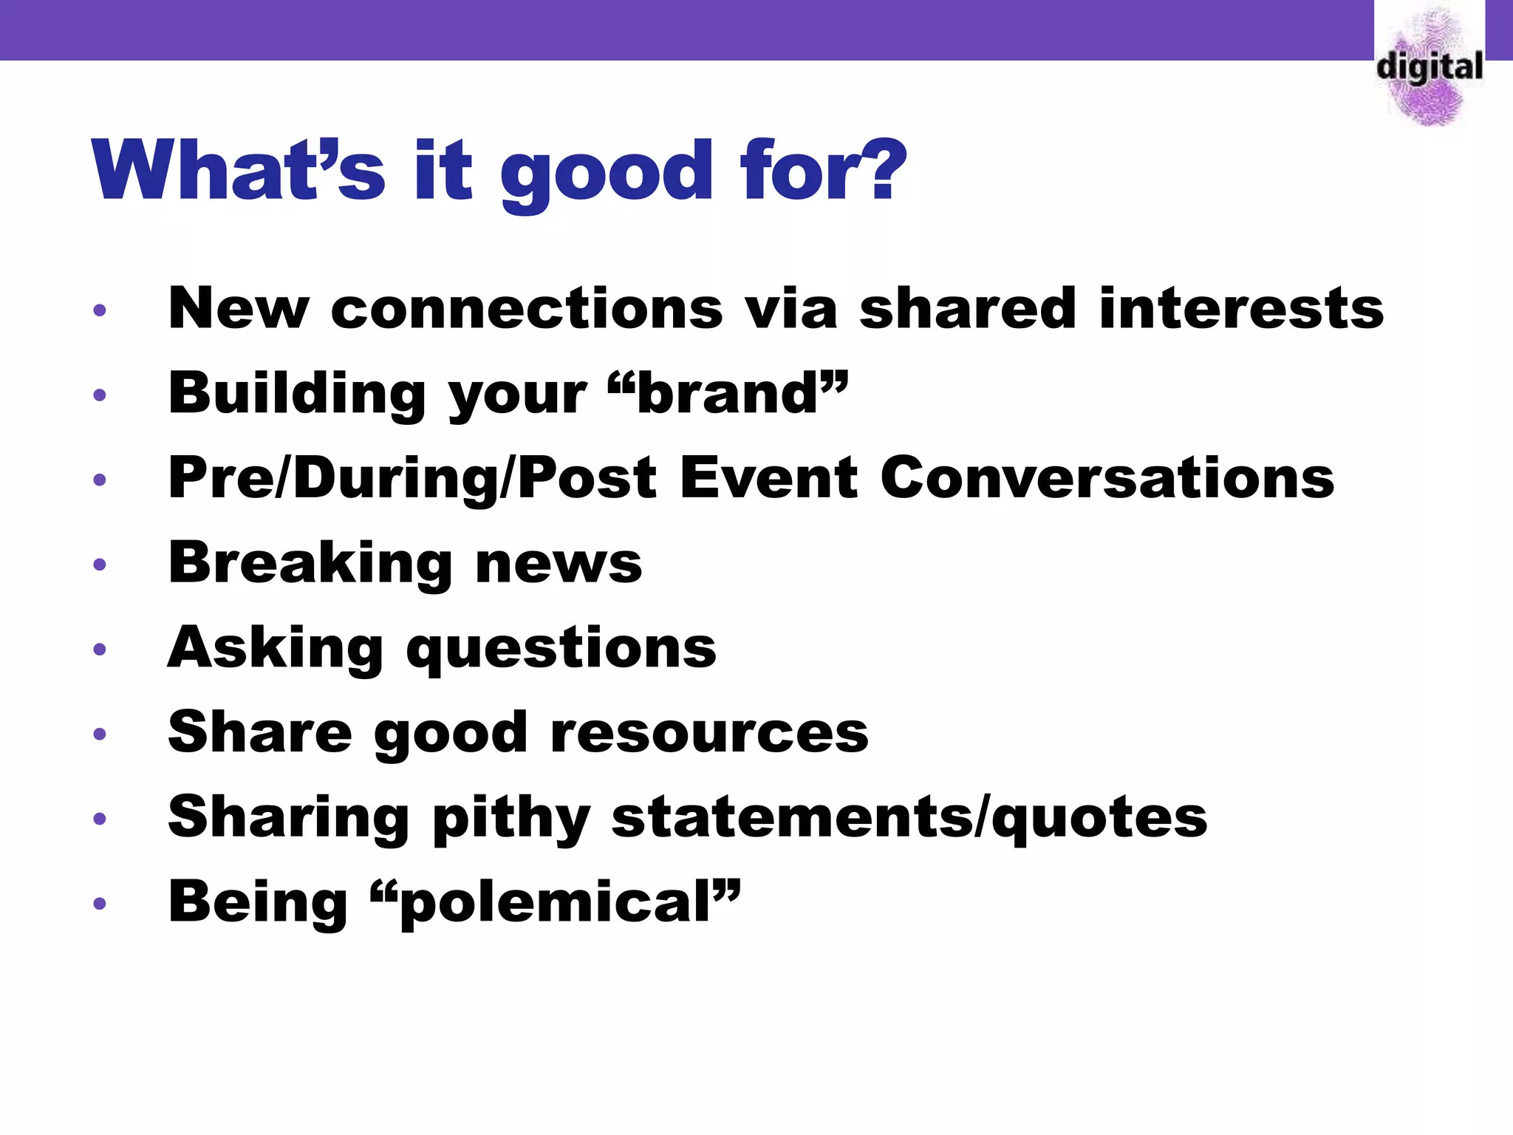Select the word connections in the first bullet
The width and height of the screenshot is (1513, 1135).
pos(527,308)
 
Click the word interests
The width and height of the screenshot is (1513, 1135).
pos(1241,308)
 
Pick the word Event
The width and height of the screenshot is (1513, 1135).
pos(768,478)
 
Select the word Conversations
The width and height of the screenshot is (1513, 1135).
pos(1107,478)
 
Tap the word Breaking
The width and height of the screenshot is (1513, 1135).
pos(310,563)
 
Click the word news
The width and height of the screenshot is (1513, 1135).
pos(559,563)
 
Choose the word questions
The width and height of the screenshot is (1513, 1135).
pos(561,649)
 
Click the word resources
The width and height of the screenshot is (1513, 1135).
pos(709,732)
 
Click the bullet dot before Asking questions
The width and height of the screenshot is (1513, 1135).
pos(100,650)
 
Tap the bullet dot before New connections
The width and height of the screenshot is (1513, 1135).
pos(100,310)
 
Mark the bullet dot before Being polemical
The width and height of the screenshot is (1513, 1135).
pos(100,904)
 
